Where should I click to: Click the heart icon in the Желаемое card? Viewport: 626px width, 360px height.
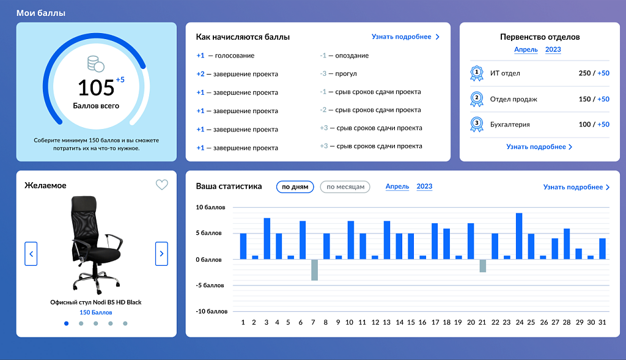click(x=161, y=185)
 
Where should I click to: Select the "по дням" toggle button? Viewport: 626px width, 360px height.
click(x=295, y=186)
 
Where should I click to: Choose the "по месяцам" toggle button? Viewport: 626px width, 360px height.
click(x=345, y=186)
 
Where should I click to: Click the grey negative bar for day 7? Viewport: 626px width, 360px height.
click(x=315, y=270)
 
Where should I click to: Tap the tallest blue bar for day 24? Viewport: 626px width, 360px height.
click(x=519, y=237)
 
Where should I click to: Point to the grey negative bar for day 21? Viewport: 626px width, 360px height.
click(x=483, y=265)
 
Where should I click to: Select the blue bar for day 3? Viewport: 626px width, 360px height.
click(x=267, y=238)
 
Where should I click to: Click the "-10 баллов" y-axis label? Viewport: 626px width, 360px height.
click(x=211, y=311)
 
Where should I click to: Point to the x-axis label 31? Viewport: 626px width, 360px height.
click(x=602, y=322)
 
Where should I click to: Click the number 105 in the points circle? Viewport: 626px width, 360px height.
click(x=96, y=88)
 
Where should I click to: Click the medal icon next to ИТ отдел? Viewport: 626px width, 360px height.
click(x=477, y=73)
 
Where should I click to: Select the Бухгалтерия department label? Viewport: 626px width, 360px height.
click(x=510, y=124)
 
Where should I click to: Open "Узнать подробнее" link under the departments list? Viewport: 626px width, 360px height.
click(x=539, y=147)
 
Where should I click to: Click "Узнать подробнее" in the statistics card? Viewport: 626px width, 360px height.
click(x=576, y=187)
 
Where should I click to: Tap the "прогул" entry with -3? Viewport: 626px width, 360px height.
click(x=338, y=74)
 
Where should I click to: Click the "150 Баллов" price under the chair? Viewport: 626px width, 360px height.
click(x=96, y=312)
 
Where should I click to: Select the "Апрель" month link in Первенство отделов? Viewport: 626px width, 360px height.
click(x=526, y=50)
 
